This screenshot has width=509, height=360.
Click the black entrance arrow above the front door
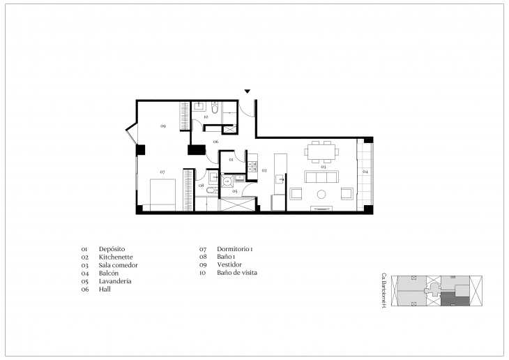(x=247, y=91)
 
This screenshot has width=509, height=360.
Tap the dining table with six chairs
(x=322, y=149)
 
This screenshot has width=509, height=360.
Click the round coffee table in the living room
(x=322, y=193)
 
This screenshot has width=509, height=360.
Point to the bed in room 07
(x=163, y=193)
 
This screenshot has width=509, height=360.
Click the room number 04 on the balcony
(x=365, y=171)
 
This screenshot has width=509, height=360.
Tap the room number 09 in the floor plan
(x=162, y=126)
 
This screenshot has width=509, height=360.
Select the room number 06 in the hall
(x=216, y=142)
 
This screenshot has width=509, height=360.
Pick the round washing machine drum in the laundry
(x=227, y=179)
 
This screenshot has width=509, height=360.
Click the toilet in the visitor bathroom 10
(x=215, y=109)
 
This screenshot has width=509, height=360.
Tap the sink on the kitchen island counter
(x=280, y=180)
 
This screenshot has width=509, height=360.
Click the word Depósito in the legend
(x=112, y=249)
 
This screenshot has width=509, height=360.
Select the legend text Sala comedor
(x=119, y=265)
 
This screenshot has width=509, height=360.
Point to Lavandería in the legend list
(x=115, y=281)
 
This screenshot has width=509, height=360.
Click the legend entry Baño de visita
(x=237, y=273)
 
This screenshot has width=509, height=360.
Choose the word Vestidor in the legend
(x=229, y=265)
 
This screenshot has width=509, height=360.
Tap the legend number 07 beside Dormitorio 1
(x=203, y=249)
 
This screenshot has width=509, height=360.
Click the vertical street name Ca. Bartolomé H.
(x=384, y=291)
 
